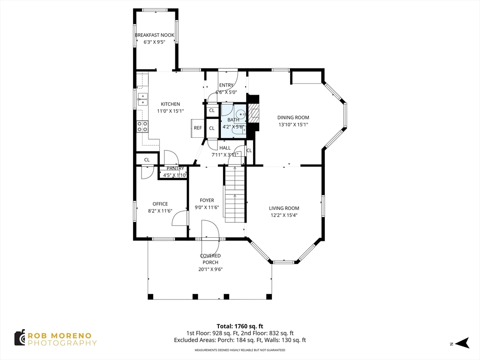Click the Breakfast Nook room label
[154, 35]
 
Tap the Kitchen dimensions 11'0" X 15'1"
[170, 111]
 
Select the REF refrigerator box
[198, 128]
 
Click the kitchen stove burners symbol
[142, 126]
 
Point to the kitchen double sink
[142, 99]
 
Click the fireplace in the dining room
[253, 113]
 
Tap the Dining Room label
[293, 118]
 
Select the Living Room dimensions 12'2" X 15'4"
[284, 215]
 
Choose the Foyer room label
[207, 200]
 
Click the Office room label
[160, 204]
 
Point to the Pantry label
[175, 169]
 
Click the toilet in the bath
[240, 113]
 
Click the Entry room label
[226, 85]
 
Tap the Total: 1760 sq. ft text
[240, 326]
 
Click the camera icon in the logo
[20, 337]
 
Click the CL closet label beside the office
[147, 160]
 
